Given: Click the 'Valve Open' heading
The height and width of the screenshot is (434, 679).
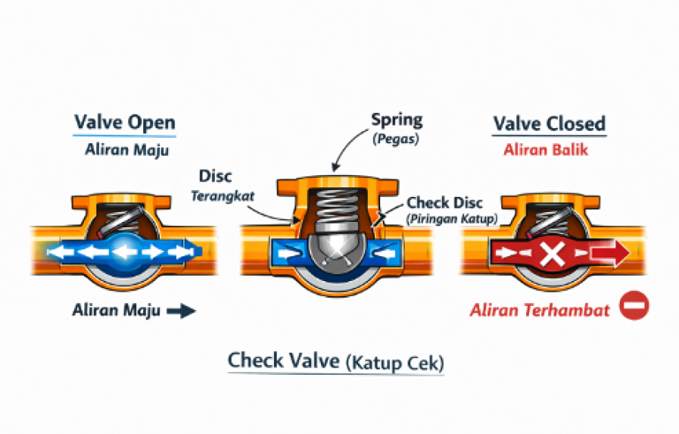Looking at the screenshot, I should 125,122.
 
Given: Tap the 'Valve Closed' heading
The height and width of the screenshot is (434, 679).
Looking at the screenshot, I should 549,123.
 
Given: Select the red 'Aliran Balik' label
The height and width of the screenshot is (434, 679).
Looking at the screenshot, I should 547,149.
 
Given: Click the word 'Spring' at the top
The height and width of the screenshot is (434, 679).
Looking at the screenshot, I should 397,119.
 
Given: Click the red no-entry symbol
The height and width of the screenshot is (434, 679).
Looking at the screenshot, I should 634,307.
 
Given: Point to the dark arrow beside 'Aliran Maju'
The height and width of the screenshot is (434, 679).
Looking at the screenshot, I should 180,310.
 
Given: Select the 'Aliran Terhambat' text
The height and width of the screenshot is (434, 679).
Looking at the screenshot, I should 540,309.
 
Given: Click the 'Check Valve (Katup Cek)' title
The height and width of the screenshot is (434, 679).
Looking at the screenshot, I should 336,362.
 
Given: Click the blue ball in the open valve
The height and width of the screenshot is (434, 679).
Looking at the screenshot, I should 125,251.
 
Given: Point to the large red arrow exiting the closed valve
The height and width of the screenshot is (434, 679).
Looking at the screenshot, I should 609,255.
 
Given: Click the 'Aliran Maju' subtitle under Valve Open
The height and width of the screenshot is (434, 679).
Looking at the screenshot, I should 125,150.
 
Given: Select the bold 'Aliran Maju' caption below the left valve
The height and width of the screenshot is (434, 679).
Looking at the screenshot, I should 117,310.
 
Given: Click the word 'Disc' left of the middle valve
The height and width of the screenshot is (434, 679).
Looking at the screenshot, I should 217,178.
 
